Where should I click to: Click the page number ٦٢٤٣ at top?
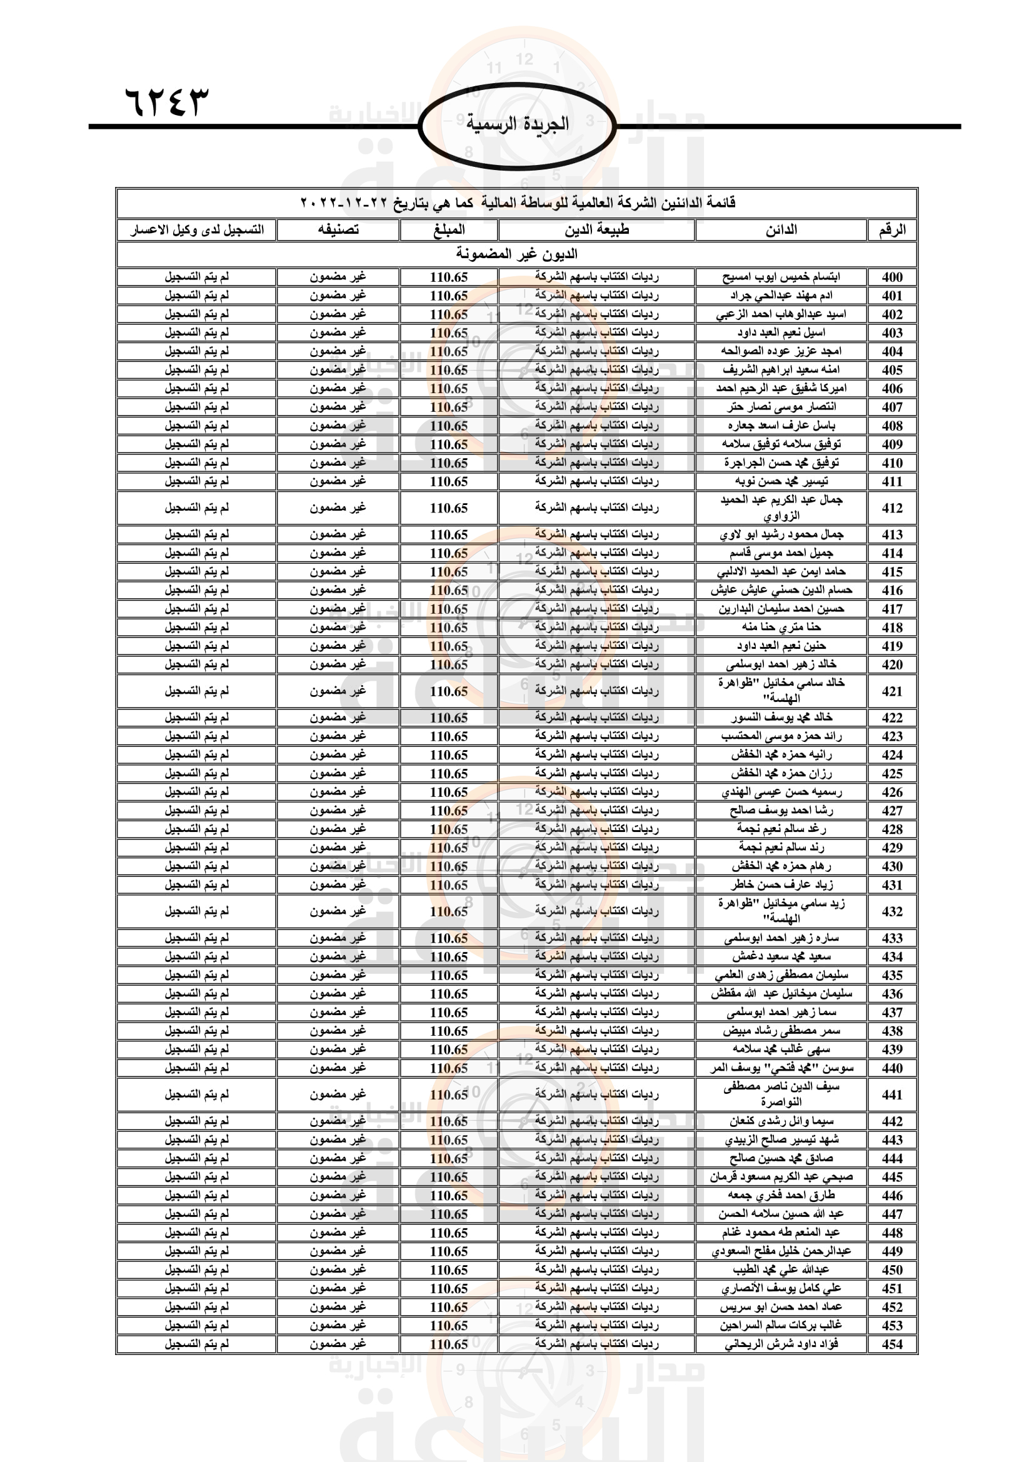point(167,101)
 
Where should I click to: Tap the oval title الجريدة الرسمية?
point(517,124)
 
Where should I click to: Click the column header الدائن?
point(781,230)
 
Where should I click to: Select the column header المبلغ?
point(449,230)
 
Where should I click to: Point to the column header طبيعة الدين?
point(596,230)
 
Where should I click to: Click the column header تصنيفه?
point(338,230)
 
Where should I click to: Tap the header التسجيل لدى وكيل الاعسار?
point(197,230)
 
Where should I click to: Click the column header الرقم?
point(891,230)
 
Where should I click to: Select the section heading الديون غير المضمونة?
point(516,254)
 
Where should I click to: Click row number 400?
point(892,277)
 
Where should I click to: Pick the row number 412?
point(892,508)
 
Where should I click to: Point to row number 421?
point(892,691)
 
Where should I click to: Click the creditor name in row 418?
point(781,627)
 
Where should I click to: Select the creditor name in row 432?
point(781,911)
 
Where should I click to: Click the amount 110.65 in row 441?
point(449,1094)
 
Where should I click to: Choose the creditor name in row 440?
point(781,1068)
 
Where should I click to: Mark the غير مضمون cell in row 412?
point(338,508)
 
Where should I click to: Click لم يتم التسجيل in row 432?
point(197,911)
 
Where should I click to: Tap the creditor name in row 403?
point(781,333)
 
